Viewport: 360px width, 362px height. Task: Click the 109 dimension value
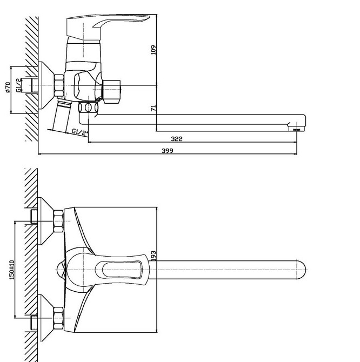click(x=154, y=50)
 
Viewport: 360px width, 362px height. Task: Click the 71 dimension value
click(x=154, y=108)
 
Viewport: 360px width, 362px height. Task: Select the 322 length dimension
click(x=177, y=139)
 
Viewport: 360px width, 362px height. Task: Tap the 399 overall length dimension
click(x=167, y=151)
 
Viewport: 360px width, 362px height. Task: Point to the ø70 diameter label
click(x=8, y=88)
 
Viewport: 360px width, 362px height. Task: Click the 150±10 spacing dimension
click(x=12, y=270)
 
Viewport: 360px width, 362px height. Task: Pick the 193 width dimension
click(x=154, y=256)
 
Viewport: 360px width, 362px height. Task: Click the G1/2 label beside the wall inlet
click(x=19, y=85)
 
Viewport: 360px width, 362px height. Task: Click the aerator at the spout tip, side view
click(x=296, y=130)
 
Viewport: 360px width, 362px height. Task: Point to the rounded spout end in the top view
click(x=301, y=270)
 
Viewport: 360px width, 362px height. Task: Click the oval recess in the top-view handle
click(x=118, y=270)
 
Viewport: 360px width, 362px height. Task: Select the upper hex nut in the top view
click(x=58, y=221)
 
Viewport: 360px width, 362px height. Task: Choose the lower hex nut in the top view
click(x=58, y=318)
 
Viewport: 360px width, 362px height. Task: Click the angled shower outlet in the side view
click(x=61, y=116)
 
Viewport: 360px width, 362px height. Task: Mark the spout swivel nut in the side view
click(x=88, y=108)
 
